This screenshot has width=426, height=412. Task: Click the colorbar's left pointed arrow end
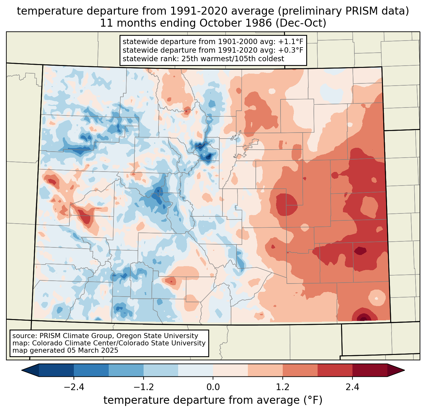[22, 370]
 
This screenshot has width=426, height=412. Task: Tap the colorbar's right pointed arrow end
[404, 370]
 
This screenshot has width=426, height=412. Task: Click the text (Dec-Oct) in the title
[301, 23]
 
